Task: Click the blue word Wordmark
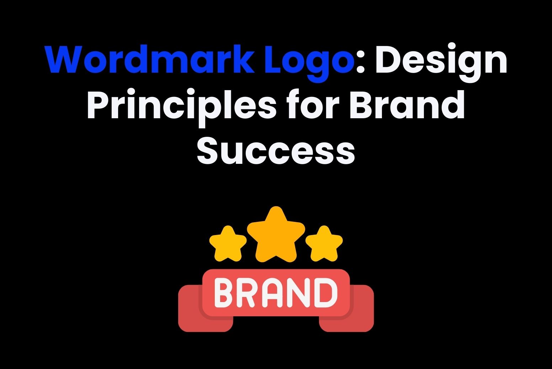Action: (x=149, y=59)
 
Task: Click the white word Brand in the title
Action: (x=407, y=104)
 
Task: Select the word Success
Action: (x=276, y=150)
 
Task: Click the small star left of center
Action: (x=228, y=244)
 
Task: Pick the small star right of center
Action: (x=324, y=244)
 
